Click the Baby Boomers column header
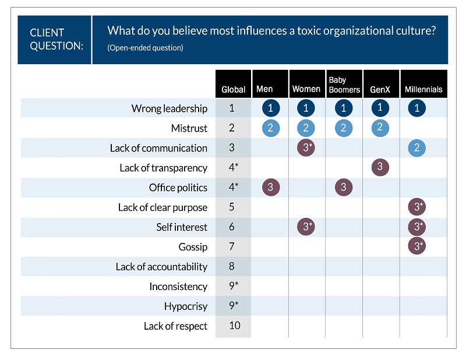pyautogui.click(x=344, y=84)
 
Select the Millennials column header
pyautogui.click(x=423, y=89)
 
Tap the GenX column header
pyautogui.click(x=380, y=89)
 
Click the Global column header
pyautogui.click(x=233, y=89)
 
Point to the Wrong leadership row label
pyautogui.click(x=169, y=108)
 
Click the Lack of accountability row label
pyautogui.click(x=161, y=267)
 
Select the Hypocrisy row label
pyautogui.click(x=185, y=306)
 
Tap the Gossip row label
pyautogui.click(x=193, y=247)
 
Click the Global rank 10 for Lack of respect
pyautogui.click(x=234, y=326)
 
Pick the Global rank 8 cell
pyautogui.click(x=232, y=267)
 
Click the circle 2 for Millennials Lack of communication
pyautogui.click(x=416, y=147)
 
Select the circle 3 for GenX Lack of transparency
pyautogui.click(x=380, y=167)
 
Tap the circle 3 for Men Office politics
pyautogui.click(x=270, y=187)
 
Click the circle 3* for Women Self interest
pyautogui.click(x=306, y=227)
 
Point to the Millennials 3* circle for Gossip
pyautogui.click(x=416, y=246)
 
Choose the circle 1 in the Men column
pyautogui.click(x=270, y=108)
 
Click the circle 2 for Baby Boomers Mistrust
pyautogui.click(x=343, y=128)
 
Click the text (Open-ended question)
pyautogui.click(x=145, y=48)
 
